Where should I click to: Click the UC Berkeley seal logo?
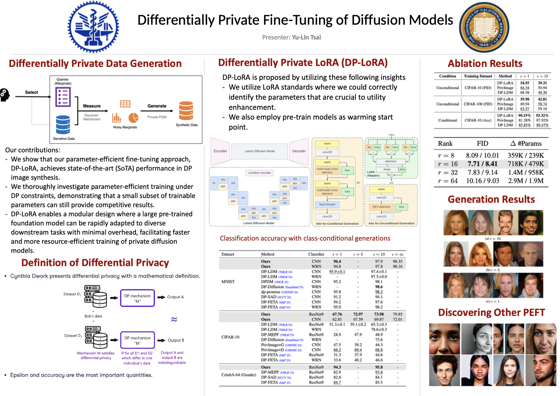coord(484,28)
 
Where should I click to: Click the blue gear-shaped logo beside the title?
coord(93,27)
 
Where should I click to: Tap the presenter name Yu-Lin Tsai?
coord(306,38)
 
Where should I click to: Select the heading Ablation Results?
coord(485,63)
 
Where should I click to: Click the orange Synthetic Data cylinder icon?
coord(186,111)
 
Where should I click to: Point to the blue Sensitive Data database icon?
coord(63,124)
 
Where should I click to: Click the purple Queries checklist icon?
coord(63,97)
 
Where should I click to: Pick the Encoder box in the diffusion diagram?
coord(220,151)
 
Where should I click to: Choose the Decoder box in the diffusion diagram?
coord(299,151)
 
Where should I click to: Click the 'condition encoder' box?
coord(259,173)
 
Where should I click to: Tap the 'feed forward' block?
coord(327,205)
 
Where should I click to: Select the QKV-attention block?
coord(381,207)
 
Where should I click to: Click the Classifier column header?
coord(316,254)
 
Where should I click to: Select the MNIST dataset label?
coord(228,282)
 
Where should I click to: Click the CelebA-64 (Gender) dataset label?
coord(238,375)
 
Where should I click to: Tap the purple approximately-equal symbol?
coord(174,319)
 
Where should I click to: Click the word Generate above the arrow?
coord(157,106)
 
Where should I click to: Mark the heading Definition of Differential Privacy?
coord(95,263)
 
